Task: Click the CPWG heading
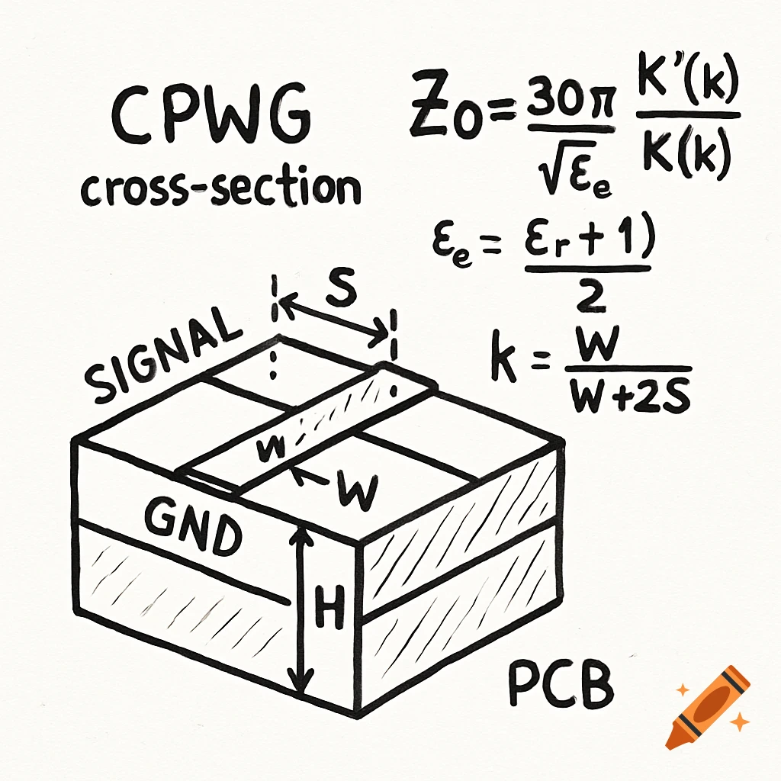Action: [x=211, y=121]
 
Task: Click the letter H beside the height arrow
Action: [x=329, y=605]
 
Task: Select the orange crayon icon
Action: [x=706, y=705]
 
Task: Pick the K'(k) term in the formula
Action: [x=686, y=87]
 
